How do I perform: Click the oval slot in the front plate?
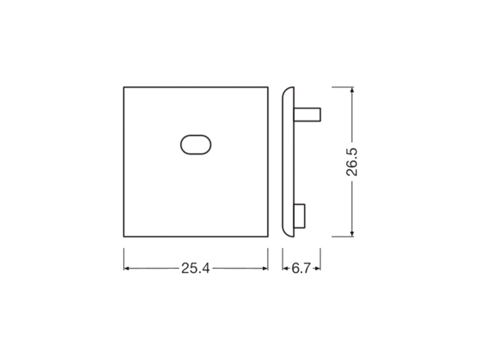pyautogui.click(x=196, y=145)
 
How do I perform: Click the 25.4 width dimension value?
pyautogui.click(x=195, y=268)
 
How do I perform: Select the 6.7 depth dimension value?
pyautogui.click(x=301, y=268)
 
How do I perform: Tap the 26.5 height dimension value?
pyautogui.click(x=352, y=162)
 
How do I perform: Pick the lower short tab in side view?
pyautogui.click(x=300, y=216)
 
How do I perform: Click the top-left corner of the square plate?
pyautogui.click(x=124, y=87)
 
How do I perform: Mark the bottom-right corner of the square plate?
pyautogui.click(x=268, y=236)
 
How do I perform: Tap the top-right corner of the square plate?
pyautogui.click(x=268, y=87)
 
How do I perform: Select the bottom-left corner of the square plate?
pyautogui.click(x=124, y=236)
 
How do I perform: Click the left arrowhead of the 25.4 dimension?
pyautogui.click(x=126, y=268)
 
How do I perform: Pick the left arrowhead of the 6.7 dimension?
pyautogui.click(x=286, y=268)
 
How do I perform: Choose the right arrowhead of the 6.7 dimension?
pyautogui.click(x=318, y=268)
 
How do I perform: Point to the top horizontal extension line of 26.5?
pyautogui.click(x=342, y=87)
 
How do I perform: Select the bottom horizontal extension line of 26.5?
pyautogui.click(x=342, y=236)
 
